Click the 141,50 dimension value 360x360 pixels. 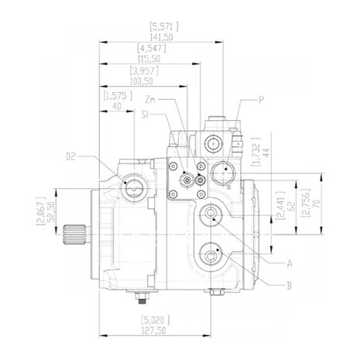pyautogui.click(x=161, y=37)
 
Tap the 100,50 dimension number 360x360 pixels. pyautogui.click(x=142, y=81)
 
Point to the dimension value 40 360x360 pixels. pyautogui.click(x=117, y=106)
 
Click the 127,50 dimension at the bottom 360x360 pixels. pyautogui.click(x=154, y=331)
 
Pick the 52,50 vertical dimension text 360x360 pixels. pyautogui.click(x=53, y=212)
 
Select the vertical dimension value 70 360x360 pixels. pyautogui.click(x=317, y=204)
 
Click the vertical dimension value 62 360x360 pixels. pyautogui.click(x=291, y=207)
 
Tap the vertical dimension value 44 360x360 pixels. pyautogui.click(x=266, y=153)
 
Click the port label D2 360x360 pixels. pyautogui.click(x=70, y=156)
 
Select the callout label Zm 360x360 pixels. pyautogui.click(x=150, y=99)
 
